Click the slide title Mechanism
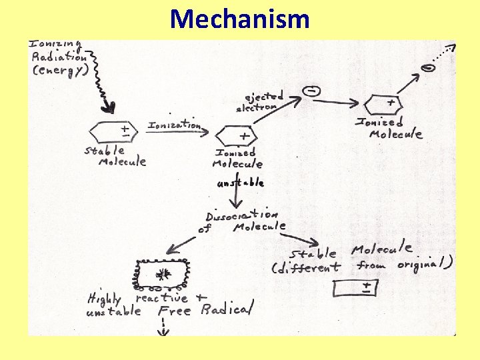point(240,19)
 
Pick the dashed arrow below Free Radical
point(162,327)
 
